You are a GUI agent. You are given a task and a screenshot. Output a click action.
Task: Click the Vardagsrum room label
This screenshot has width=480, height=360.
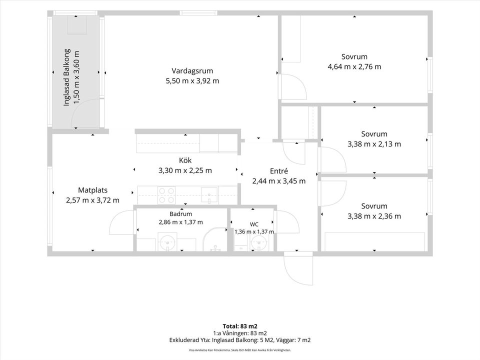click(x=192, y=71)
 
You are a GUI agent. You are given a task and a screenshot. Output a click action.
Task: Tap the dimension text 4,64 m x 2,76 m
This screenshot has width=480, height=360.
click(x=354, y=66)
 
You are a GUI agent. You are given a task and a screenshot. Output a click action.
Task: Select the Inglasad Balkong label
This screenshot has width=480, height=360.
click(x=66, y=77)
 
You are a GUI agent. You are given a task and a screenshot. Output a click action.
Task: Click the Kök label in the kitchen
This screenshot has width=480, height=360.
click(x=185, y=160)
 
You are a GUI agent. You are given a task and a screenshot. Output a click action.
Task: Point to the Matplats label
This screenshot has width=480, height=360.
click(x=93, y=190)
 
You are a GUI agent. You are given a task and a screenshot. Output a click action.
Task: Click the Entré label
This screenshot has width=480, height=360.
click(x=279, y=171)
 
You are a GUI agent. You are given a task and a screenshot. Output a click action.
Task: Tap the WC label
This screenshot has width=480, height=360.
click(x=254, y=224)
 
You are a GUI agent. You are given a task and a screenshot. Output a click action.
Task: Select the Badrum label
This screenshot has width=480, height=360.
click(x=180, y=214)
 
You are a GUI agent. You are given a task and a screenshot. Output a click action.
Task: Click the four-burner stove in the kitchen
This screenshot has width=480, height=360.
click(x=166, y=195)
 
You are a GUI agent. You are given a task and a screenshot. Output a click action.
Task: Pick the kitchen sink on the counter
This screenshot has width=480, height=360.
click(x=209, y=195)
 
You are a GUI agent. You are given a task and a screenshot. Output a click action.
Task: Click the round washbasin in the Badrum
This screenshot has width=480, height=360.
click(x=168, y=242)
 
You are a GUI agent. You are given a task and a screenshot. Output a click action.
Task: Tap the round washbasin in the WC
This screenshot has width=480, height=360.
click(x=259, y=243)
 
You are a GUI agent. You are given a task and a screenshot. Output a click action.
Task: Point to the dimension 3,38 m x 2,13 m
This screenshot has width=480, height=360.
click(x=374, y=144)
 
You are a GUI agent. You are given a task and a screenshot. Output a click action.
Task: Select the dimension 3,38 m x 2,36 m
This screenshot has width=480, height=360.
click(x=374, y=216)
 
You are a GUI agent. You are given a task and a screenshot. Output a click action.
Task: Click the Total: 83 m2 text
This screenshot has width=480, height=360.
click(x=240, y=326)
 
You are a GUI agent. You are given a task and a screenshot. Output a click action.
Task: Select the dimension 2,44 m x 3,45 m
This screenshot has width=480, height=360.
click(x=279, y=181)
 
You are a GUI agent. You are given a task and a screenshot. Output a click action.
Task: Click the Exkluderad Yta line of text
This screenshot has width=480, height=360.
click(x=240, y=340)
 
